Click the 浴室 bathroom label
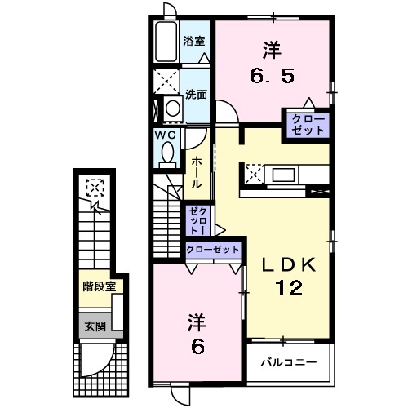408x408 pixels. [x=193, y=40]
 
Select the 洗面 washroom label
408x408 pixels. [x=196, y=94]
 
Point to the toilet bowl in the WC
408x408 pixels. [x=167, y=152]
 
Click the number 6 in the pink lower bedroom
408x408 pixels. [x=197, y=346]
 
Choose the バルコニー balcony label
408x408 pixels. [x=288, y=360]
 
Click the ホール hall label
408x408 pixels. [x=197, y=173]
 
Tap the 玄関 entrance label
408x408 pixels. [x=94, y=326]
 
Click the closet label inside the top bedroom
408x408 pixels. [x=306, y=125]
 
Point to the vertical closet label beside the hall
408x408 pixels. [x=197, y=220]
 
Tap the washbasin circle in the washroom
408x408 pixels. [x=173, y=108]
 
